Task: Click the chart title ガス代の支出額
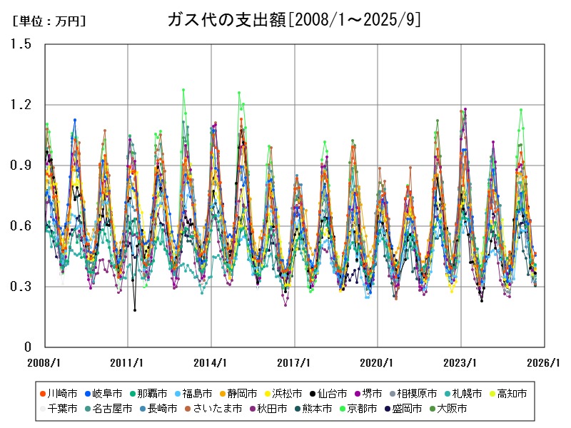[293, 19]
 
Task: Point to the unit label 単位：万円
[49, 21]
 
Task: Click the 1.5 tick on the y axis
[21, 44]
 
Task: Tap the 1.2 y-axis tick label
[21, 105]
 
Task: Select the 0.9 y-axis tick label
[21, 165]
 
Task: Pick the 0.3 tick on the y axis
[21, 287]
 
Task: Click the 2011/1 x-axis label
[128, 362]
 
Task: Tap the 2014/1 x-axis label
[211, 362]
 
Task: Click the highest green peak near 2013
[183, 90]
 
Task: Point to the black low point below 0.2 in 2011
[134, 310]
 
